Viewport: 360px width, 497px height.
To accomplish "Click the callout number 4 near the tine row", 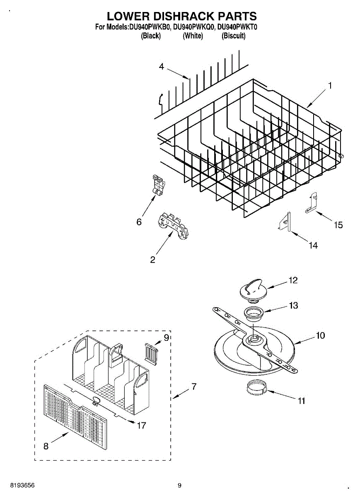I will pos(162,66).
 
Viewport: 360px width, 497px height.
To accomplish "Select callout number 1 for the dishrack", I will pos(330,85).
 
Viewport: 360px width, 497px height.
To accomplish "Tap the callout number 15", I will pos(338,225).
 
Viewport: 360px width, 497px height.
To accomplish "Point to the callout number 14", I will pos(313,246).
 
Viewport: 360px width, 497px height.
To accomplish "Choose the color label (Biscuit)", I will pos(234,36).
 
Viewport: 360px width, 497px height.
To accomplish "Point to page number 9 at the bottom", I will pos(179,485).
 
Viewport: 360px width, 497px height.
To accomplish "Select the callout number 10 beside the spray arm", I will pos(320,335).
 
